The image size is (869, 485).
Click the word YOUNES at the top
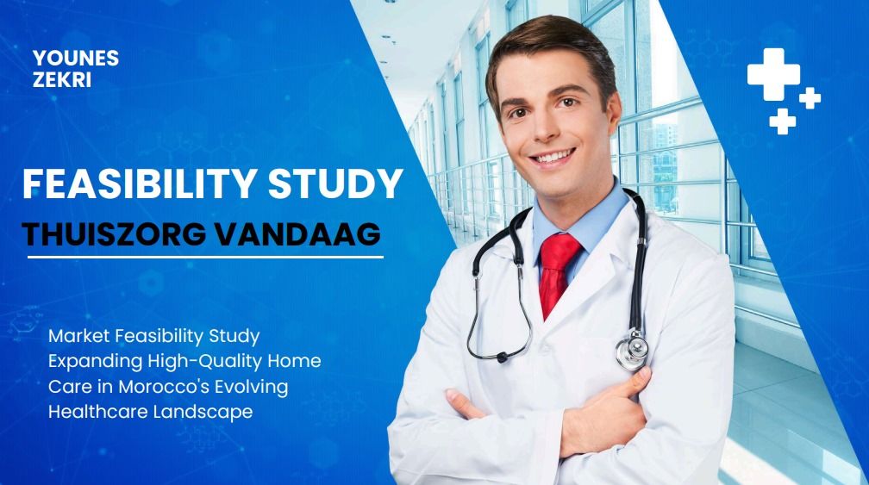tap(76, 58)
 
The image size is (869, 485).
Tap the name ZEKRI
tap(62, 80)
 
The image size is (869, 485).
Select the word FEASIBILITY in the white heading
tap(140, 183)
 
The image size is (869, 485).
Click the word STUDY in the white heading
tap(336, 183)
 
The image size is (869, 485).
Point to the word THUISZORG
tap(114, 234)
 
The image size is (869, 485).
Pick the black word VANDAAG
tap(298, 234)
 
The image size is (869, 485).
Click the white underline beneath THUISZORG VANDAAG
tap(205, 257)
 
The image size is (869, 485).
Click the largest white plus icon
tap(773, 74)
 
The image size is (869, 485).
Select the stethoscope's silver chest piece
tap(632, 350)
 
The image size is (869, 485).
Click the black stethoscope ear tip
tap(502, 358)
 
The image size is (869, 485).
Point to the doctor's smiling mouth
tap(552, 158)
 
